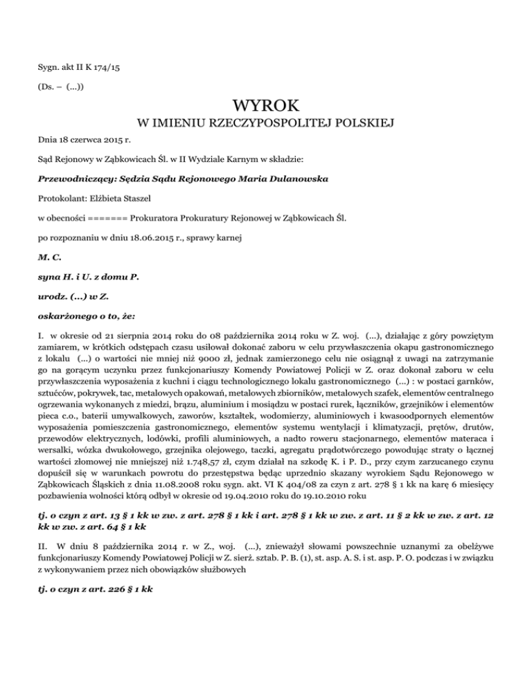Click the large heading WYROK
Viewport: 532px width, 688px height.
pyautogui.click(x=266, y=107)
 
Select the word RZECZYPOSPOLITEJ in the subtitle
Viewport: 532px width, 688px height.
pyautogui.click(x=283, y=125)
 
